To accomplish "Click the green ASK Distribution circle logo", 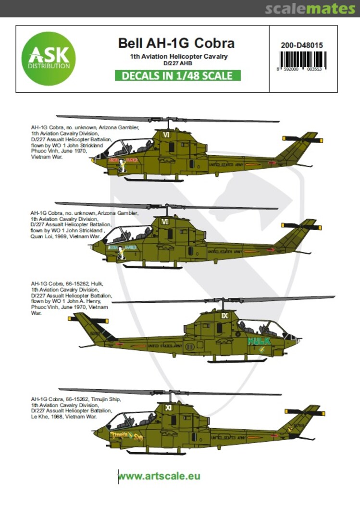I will (48, 59).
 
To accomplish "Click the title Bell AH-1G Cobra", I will (176, 43).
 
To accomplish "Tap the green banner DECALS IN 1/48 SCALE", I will (176, 76).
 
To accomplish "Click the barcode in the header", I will (303, 61).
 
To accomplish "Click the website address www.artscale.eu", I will (159, 476).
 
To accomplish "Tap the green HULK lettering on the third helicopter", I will (259, 341).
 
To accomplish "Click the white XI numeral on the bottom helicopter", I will (168, 408).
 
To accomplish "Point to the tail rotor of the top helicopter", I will (302, 139).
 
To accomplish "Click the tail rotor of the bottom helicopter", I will (304, 412).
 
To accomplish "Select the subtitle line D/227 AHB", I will (176, 63).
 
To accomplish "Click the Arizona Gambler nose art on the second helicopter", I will (122, 248).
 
